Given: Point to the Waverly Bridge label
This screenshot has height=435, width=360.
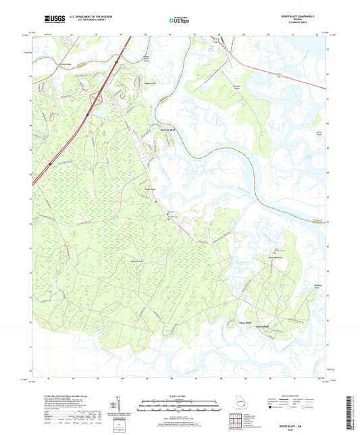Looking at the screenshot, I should [49, 61].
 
